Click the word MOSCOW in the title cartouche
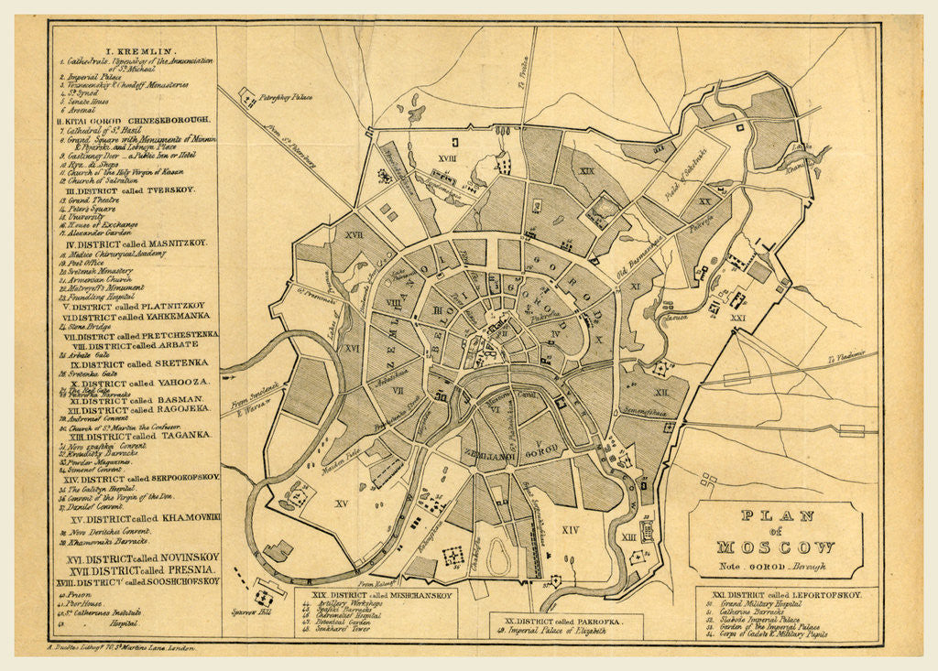coord(775,547)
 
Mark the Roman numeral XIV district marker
coord(570,529)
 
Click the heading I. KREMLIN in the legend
coord(133,51)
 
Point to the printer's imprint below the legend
coord(120,646)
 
